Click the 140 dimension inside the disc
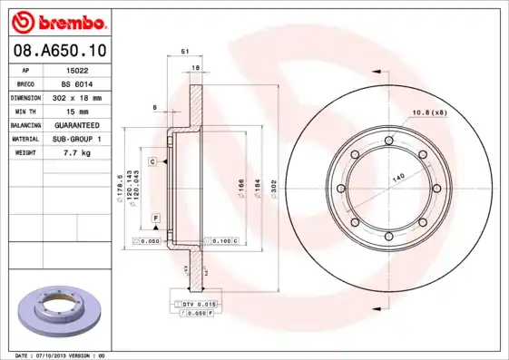pyautogui.click(x=397, y=179)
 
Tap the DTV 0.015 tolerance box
pyautogui.click(x=199, y=303)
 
